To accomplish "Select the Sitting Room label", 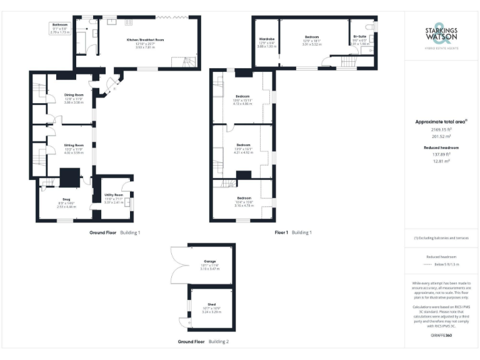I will click(x=74, y=149).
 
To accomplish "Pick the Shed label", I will click(x=210, y=307).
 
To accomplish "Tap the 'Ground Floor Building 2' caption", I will click(x=203, y=342).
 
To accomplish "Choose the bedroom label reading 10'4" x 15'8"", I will click(x=243, y=202).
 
